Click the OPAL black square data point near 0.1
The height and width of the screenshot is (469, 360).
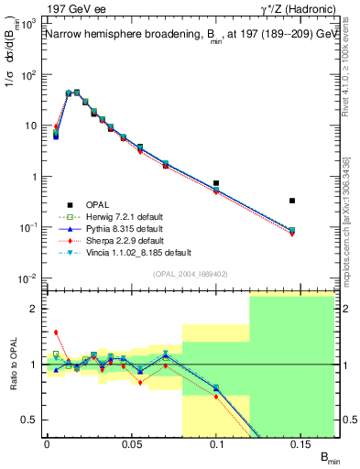click(216, 183)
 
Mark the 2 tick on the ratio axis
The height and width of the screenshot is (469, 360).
click(35, 309)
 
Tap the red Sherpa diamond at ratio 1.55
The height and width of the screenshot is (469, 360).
click(56, 333)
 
